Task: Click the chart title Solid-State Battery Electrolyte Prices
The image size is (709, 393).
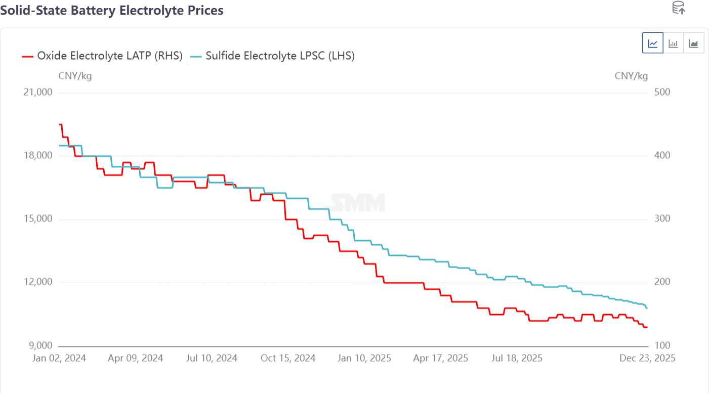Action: [112, 10]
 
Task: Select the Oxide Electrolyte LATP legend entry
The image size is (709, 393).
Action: [102, 56]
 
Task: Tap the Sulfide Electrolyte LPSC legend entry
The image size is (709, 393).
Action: [273, 56]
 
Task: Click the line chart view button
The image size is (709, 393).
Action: [653, 43]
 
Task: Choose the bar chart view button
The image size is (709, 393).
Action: [673, 43]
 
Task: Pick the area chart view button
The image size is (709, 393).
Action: [693, 43]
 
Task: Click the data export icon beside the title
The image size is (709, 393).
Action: [678, 8]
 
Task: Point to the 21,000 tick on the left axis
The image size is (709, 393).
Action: [38, 93]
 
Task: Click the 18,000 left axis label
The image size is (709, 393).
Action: [38, 156]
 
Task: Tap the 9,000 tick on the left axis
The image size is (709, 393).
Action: [40, 346]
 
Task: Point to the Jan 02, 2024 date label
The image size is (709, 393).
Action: [59, 358]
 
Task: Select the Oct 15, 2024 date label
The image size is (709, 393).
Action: [288, 358]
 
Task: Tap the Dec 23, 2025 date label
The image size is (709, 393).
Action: [648, 358]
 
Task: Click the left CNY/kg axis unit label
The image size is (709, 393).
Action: [75, 76]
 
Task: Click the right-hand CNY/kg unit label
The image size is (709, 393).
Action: [631, 76]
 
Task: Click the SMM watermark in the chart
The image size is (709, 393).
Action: [358, 202]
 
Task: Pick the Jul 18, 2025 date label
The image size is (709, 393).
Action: [516, 358]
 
